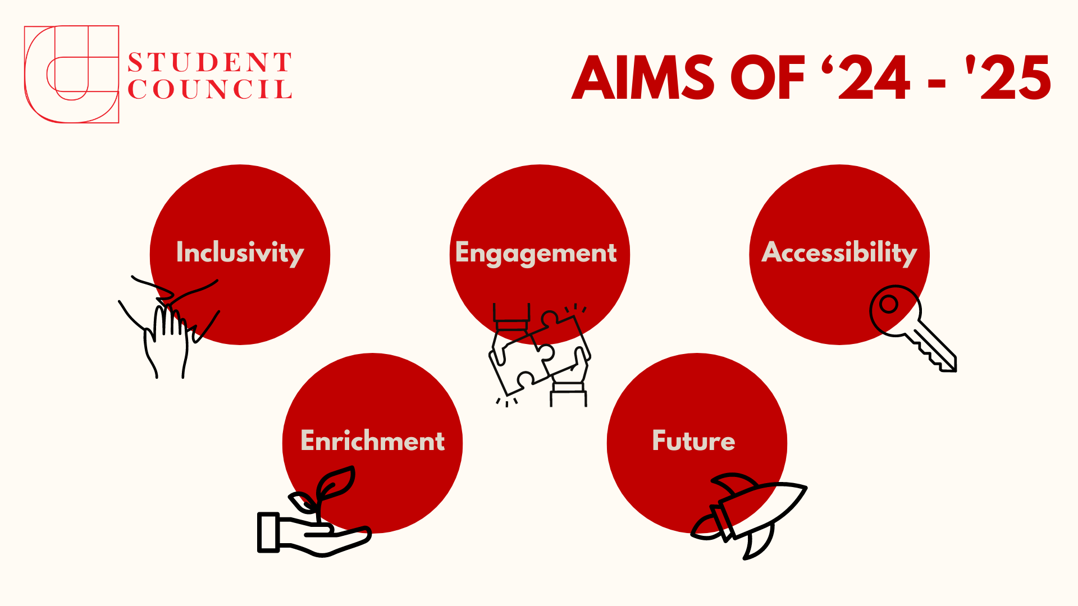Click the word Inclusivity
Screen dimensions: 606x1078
click(240, 252)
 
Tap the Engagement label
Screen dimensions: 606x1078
click(536, 253)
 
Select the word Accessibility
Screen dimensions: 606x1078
click(839, 252)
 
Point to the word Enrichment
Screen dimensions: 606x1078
click(372, 441)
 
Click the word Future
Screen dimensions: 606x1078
click(693, 441)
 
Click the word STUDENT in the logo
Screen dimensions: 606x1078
click(209, 62)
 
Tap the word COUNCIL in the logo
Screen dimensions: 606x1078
click(209, 90)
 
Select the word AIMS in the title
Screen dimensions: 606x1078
click(643, 78)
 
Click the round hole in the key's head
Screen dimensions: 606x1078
click(888, 305)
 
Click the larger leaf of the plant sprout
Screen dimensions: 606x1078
click(337, 483)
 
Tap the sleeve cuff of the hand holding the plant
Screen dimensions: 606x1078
click(268, 532)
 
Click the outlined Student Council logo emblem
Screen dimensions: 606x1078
click(71, 74)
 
